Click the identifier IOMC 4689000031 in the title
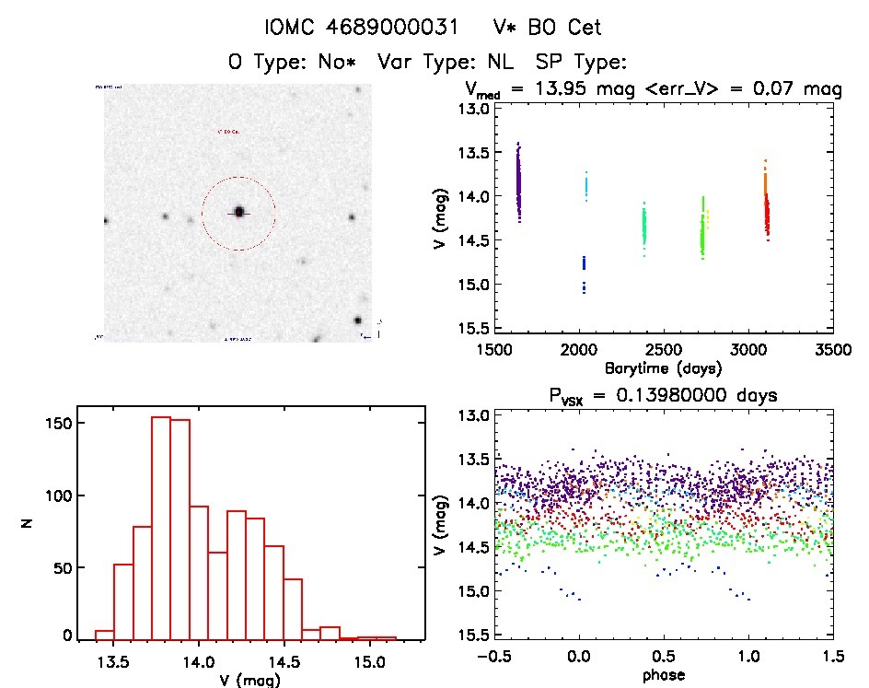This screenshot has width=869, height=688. (361, 28)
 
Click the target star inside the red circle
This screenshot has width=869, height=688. (238, 212)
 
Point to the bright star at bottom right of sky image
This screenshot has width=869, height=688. (356, 321)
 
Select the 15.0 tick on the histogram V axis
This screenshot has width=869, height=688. (370, 662)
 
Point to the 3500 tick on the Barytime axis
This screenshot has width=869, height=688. (833, 350)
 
